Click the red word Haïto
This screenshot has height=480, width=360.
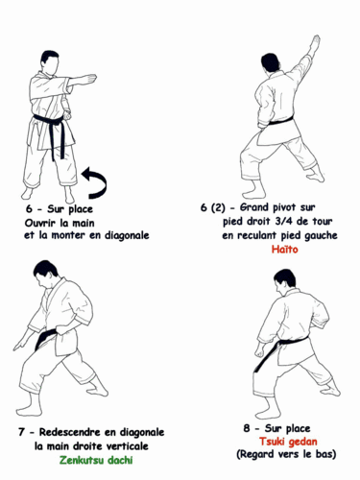[x=284, y=250]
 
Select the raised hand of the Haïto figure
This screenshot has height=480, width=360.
[x=314, y=42]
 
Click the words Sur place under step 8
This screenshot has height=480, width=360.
[x=286, y=427]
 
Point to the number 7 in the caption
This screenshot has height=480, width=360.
[x=20, y=432]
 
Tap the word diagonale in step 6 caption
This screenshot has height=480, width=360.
[x=120, y=234]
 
